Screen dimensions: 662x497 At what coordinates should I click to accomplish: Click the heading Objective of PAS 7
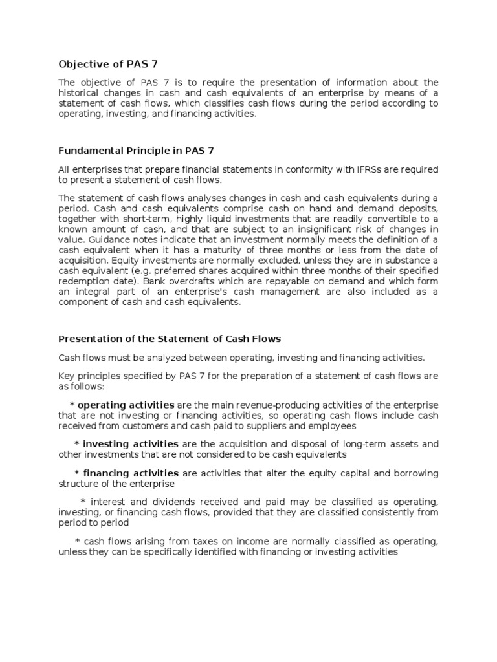click(x=108, y=63)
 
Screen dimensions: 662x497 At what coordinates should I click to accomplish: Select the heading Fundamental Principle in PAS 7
click(x=136, y=151)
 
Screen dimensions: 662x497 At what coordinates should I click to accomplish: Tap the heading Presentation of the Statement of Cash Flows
click(x=170, y=339)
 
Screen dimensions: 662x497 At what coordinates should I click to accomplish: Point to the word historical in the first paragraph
click(x=82, y=93)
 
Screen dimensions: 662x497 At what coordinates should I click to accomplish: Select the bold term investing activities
click(x=131, y=444)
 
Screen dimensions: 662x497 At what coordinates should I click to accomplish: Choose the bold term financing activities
click(x=131, y=473)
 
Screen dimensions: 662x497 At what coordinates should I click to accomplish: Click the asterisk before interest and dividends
click(x=82, y=502)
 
